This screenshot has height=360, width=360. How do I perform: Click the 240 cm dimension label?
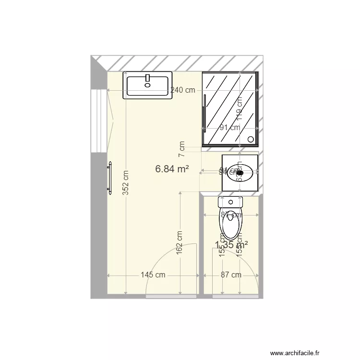click(183, 90)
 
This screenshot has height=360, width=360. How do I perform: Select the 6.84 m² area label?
click(171, 169)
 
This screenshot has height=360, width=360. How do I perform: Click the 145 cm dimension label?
click(153, 275)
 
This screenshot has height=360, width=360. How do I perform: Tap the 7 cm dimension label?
click(181, 149)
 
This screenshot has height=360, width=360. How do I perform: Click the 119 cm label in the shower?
click(239, 108)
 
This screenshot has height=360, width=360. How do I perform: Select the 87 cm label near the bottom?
click(231, 275)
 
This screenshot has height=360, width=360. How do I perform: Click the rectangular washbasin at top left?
click(147, 85)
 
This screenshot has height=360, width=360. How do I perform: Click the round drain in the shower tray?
click(251, 139)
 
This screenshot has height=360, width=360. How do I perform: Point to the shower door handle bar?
click(205, 113)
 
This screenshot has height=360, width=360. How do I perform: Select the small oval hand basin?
click(240, 172)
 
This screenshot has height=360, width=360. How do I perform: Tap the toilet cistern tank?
click(231, 202)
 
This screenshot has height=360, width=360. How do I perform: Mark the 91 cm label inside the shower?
click(230, 128)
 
